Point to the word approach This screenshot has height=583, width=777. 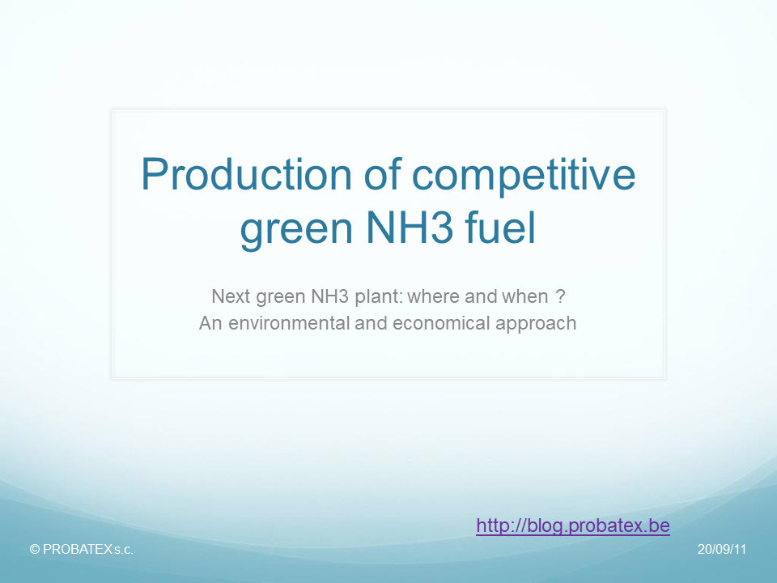point(537,323)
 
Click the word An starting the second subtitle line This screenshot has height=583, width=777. point(209,323)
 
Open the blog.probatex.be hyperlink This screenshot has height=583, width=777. point(573,526)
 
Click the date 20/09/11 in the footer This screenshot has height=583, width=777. point(721,549)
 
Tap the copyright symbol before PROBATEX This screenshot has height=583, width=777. point(34,549)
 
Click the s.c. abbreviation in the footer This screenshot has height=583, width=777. point(123,549)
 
